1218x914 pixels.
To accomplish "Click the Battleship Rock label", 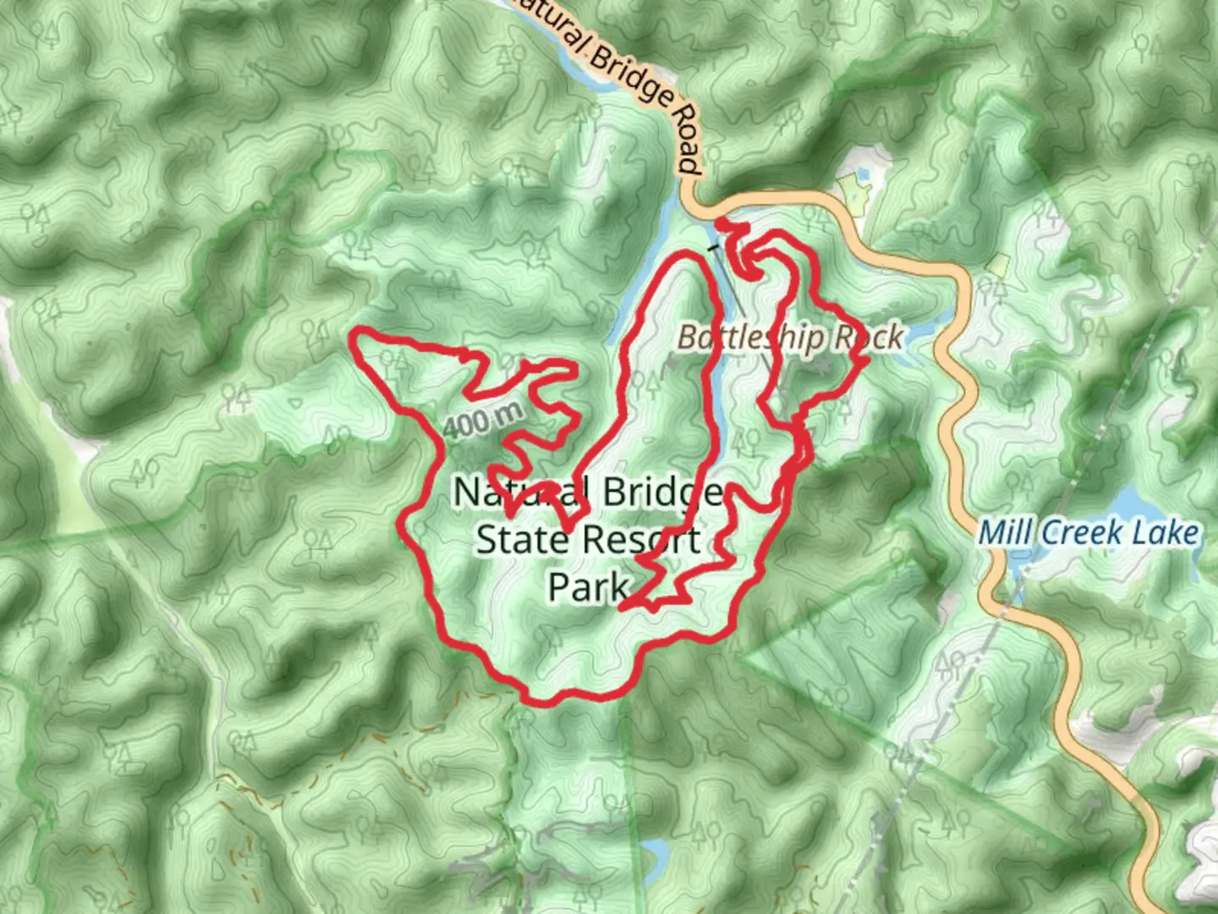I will [790, 338].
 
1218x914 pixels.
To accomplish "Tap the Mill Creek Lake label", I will [1089, 533].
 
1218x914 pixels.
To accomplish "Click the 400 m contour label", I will [483, 419].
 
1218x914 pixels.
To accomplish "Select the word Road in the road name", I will [686, 140].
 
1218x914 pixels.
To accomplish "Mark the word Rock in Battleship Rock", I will [869, 338].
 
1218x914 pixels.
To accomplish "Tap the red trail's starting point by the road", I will [720, 223].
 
